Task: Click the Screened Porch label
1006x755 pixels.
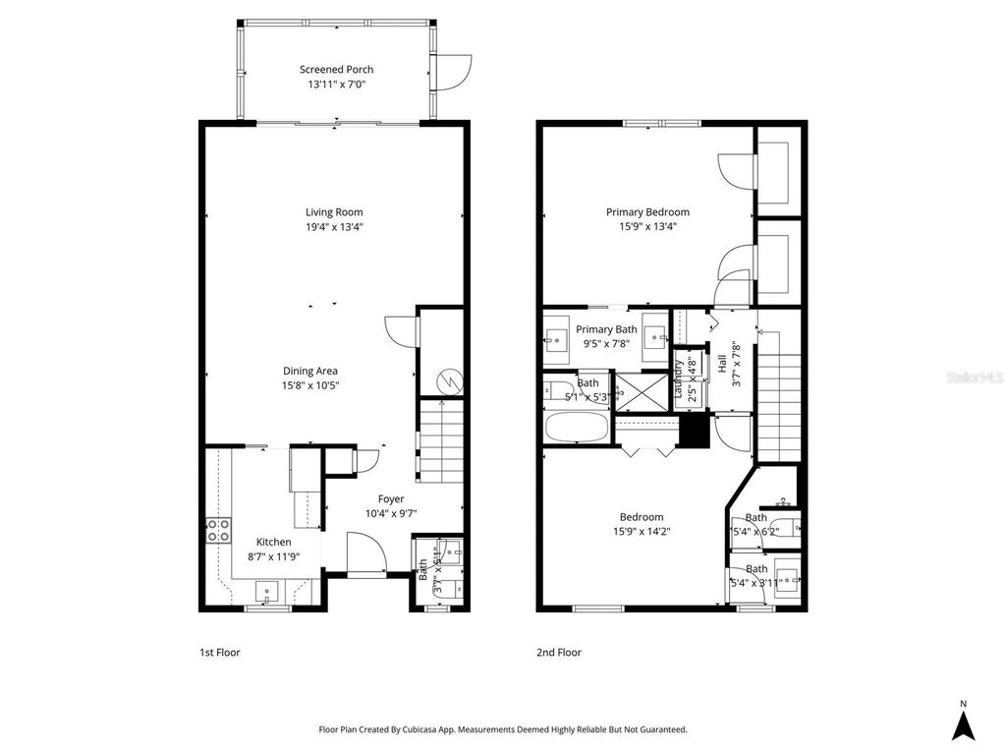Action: click(x=336, y=70)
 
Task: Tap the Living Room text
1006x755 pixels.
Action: click(x=334, y=211)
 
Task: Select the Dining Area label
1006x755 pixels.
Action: click(x=310, y=371)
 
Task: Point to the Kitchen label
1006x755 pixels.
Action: click(x=274, y=542)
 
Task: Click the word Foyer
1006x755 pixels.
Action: click(x=391, y=498)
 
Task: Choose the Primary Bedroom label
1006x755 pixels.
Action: click(x=647, y=211)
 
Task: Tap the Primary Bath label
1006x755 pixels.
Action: click(x=606, y=329)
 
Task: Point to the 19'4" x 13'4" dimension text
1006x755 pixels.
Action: click(x=334, y=226)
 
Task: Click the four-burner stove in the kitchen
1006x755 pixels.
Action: click(x=218, y=531)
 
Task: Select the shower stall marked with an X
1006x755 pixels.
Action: click(x=637, y=390)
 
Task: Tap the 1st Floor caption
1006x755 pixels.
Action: click(x=220, y=652)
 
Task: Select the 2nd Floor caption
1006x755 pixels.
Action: click(x=559, y=652)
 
